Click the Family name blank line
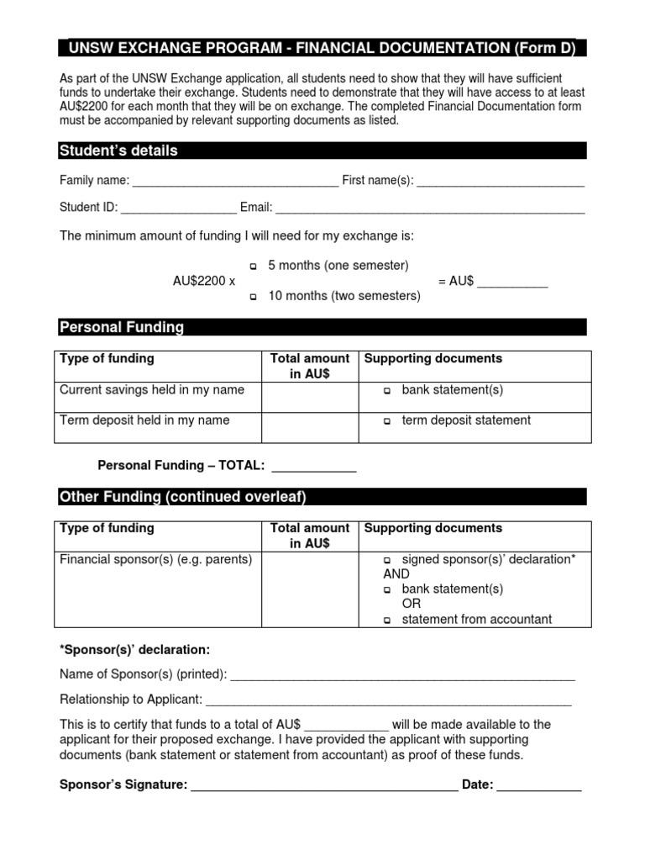click(x=235, y=182)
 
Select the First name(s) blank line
click(x=501, y=182)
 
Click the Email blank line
click(x=430, y=209)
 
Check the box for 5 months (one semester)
click(x=254, y=267)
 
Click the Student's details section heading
click(x=118, y=151)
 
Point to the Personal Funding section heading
click(x=122, y=327)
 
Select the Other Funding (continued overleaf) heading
click(x=183, y=497)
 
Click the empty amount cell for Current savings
click(x=309, y=397)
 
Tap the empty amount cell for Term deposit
click(x=309, y=426)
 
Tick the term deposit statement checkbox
click(x=388, y=421)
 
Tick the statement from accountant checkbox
click(x=388, y=621)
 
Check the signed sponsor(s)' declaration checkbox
click(x=388, y=560)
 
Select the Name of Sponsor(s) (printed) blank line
click(x=402, y=675)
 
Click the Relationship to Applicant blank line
click(x=388, y=700)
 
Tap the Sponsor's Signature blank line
click(x=324, y=786)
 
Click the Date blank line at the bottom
click(x=539, y=786)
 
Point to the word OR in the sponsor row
click(x=412, y=604)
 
